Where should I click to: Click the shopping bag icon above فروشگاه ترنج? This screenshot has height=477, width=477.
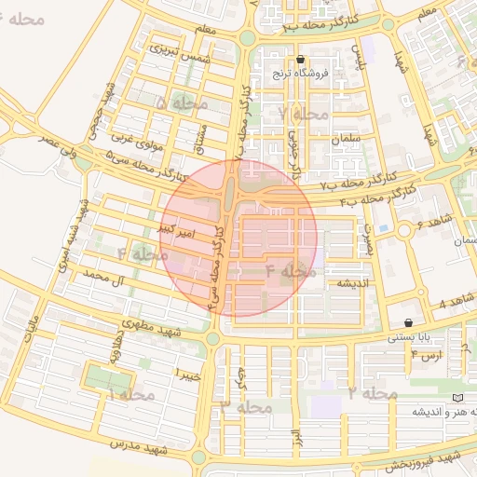click(299, 59)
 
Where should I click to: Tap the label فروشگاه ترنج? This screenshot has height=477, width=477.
click(296, 73)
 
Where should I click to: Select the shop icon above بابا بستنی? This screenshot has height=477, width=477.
click(409, 321)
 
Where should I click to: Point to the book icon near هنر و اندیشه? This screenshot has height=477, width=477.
click(456, 398)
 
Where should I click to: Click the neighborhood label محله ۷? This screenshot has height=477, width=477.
click(305, 113)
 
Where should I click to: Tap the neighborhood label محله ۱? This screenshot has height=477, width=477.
click(130, 396)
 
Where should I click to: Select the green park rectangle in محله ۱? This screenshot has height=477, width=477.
click(108, 377)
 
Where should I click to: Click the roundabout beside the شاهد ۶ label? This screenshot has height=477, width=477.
click(403, 229)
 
